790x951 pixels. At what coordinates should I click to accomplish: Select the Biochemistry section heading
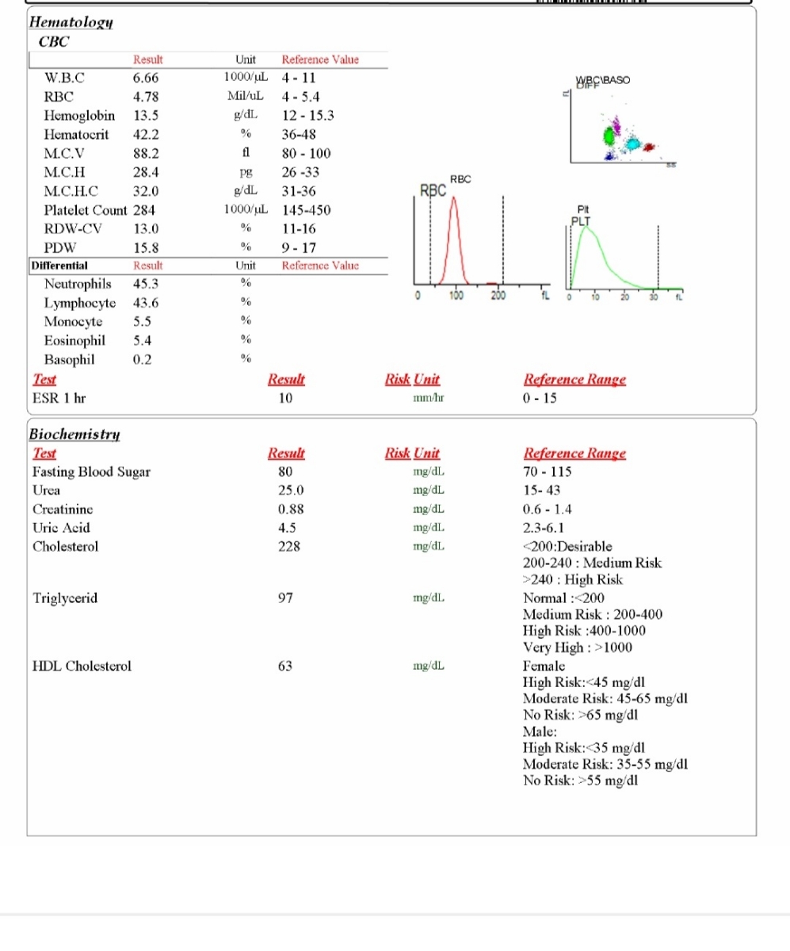click(74, 433)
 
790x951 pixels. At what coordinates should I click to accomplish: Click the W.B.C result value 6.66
click(147, 78)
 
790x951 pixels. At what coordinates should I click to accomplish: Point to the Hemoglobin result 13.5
click(147, 116)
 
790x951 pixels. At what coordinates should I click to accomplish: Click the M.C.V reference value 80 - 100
click(307, 154)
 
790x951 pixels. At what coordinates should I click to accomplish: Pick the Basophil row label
click(70, 359)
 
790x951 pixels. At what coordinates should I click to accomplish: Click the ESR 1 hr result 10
click(286, 398)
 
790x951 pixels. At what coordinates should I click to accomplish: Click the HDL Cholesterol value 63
click(286, 666)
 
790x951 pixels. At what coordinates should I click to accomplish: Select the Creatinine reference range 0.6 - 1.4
click(548, 509)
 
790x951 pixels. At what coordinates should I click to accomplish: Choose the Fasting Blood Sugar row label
click(91, 472)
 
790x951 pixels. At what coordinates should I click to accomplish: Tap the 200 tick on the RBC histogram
click(498, 296)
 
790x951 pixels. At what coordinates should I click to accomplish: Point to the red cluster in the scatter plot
click(649, 147)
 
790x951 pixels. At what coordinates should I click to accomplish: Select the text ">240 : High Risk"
click(572, 579)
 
